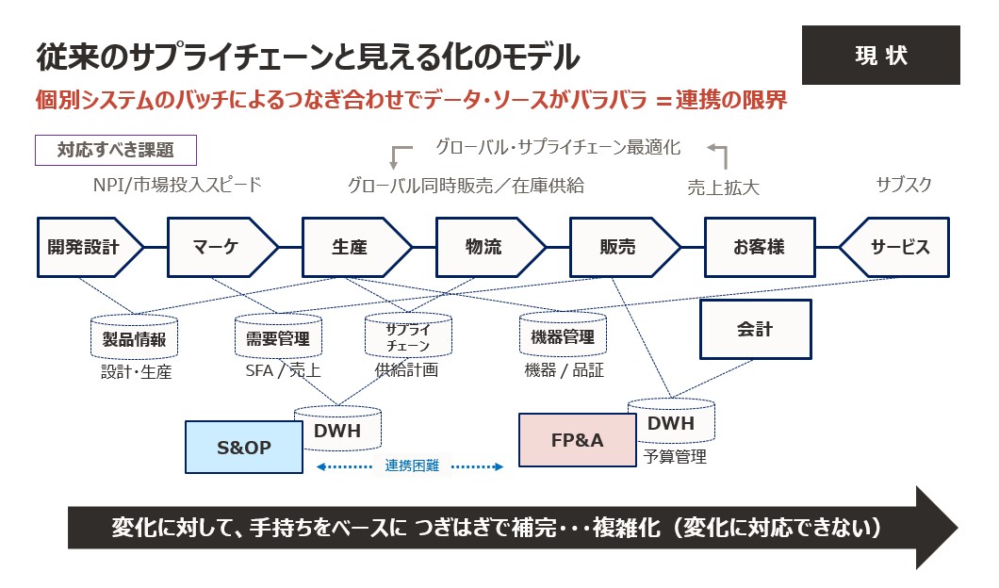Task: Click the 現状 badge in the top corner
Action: click(x=880, y=55)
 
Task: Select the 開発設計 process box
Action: click(x=87, y=248)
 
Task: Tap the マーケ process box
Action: click(x=220, y=248)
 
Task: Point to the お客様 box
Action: click(x=759, y=248)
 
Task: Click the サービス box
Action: click(x=896, y=248)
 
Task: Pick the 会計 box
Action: click(x=755, y=329)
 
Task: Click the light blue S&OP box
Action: click(x=244, y=447)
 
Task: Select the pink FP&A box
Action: click(x=577, y=439)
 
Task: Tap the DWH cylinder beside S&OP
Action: click(x=337, y=429)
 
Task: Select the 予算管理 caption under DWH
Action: click(x=675, y=457)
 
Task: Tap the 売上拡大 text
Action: click(x=723, y=188)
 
